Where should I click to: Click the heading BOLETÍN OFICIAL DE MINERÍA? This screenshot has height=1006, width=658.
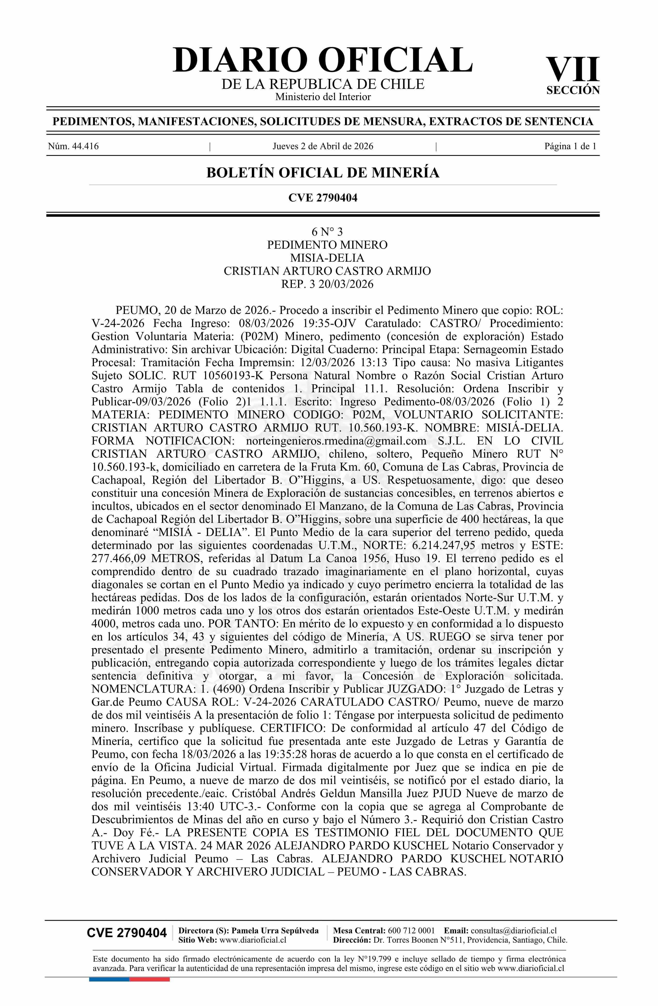coord(323,173)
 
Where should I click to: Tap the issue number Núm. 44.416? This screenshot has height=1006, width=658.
coord(74,146)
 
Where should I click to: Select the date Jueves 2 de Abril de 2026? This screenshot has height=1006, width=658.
coord(323,146)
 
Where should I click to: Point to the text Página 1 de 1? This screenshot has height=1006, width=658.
coord(570,146)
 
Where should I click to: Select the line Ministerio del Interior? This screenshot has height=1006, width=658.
coord(323,97)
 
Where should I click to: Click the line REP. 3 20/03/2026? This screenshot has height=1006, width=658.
coord(327,284)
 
